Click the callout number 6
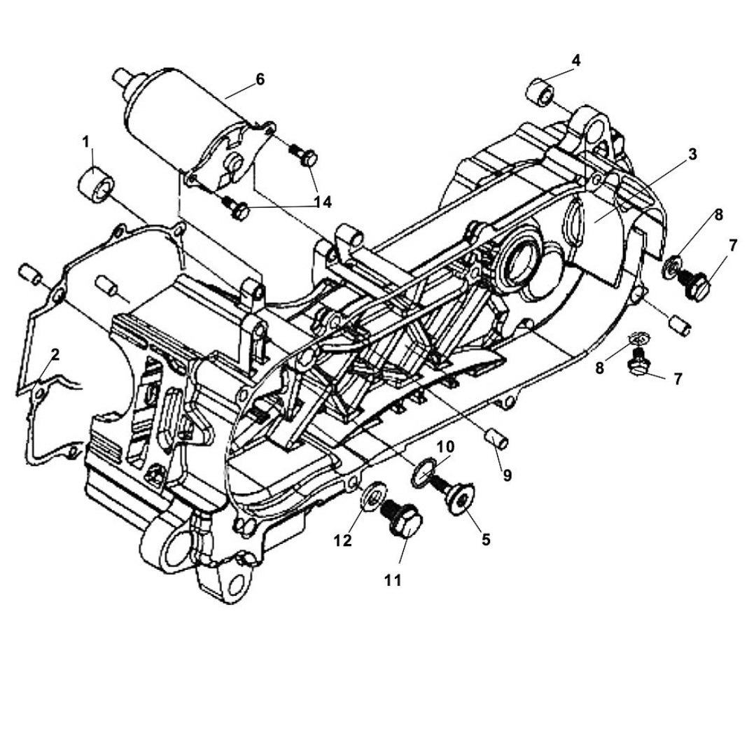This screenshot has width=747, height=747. pos(260,79)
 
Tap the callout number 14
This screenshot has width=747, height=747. pos(323,202)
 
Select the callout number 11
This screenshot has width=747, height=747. pos(393,580)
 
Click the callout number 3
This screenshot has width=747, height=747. pos(692,154)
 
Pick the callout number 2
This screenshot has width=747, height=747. pos(55,354)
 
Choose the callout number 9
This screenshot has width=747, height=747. pos(507,475)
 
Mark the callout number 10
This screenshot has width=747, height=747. pos(446,447)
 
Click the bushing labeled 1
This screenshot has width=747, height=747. pos(97,183)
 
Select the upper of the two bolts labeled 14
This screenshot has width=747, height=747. pos(305,155)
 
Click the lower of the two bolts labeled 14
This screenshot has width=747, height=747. pos(236,207)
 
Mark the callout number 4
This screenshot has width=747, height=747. pos(575,60)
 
